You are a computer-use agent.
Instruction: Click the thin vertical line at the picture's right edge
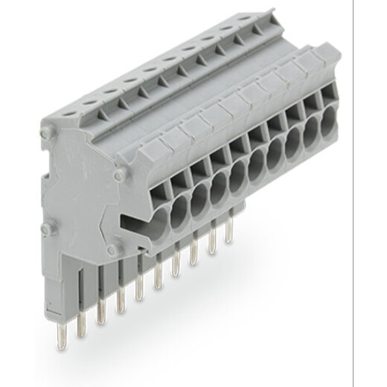pyautogui.click(x=374, y=193)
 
